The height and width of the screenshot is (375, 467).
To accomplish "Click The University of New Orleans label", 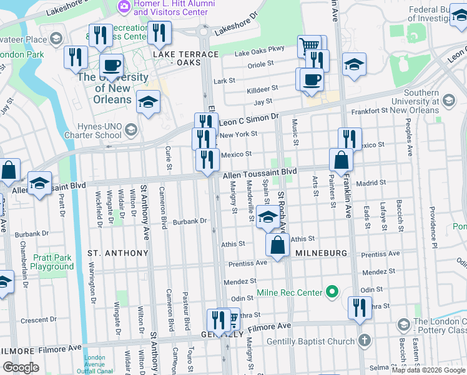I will pyautogui.click(x=113, y=88).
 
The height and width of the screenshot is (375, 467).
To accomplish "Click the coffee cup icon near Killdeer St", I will pyautogui.click(x=311, y=79).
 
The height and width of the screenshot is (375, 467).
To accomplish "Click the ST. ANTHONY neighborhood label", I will pyautogui.click(x=118, y=253).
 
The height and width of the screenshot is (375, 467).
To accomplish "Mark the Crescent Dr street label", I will pyautogui.click(x=39, y=320).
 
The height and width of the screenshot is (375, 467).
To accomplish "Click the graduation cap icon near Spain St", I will pyautogui.click(x=268, y=218).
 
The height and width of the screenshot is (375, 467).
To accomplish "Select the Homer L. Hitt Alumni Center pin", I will pyautogui.click(x=124, y=6).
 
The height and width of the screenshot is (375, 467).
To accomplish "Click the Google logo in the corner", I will pyautogui.click(x=21, y=367).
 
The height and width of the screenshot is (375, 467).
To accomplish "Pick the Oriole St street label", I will pyautogui.click(x=262, y=63).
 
